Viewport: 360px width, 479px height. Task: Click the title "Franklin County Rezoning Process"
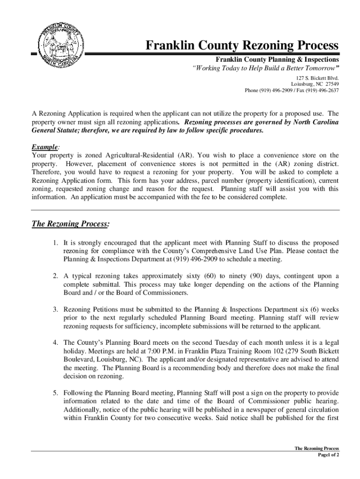coord(242,46)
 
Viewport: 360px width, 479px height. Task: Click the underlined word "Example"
coord(44,146)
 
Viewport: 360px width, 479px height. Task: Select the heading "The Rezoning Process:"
coord(71,224)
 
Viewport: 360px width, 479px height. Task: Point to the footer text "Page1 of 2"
coord(328,455)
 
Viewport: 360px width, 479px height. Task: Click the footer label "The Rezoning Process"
coord(317,448)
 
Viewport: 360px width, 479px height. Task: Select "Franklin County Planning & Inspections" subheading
coord(277,60)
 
